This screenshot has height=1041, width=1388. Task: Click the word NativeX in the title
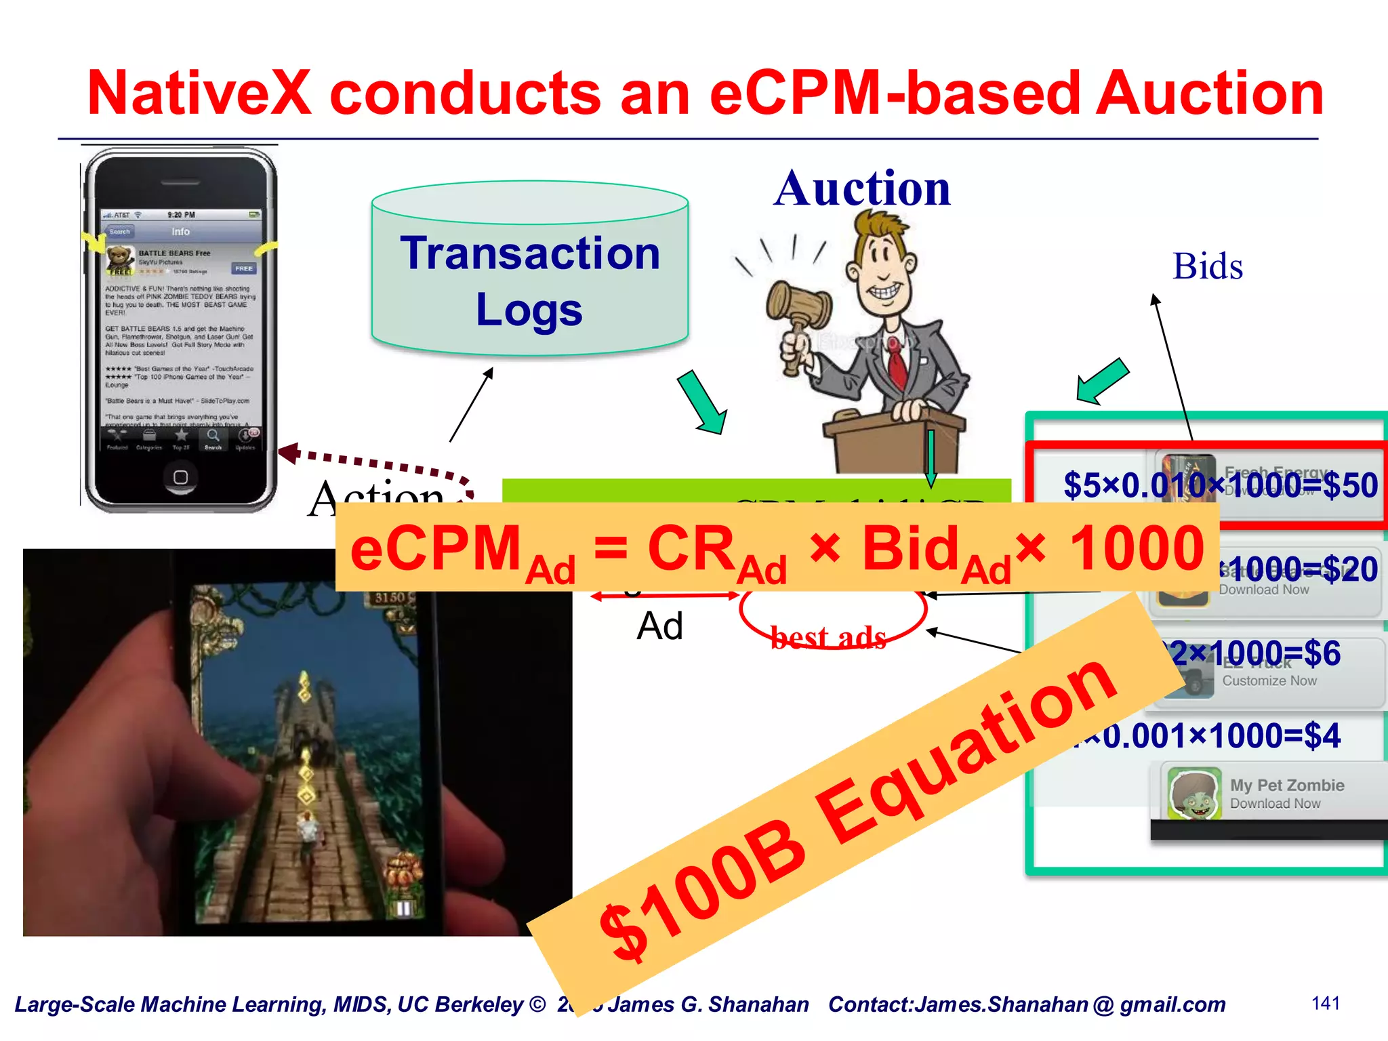click(199, 93)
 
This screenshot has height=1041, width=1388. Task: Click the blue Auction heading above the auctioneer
click(862, 188)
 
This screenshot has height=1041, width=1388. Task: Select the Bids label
click(1208, 266)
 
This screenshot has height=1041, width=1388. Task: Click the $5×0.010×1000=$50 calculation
click(1220, 485)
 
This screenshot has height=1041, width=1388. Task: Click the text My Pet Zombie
click(1286, 785)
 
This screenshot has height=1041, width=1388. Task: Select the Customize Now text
click(1269, 680)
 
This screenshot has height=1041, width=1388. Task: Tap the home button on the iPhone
click(180, 477)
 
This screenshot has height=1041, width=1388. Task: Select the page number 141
click(1326, 1003)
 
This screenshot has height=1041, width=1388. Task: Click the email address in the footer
click(1071, 1004)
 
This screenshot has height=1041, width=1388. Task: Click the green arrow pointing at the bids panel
click(1102, 382)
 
